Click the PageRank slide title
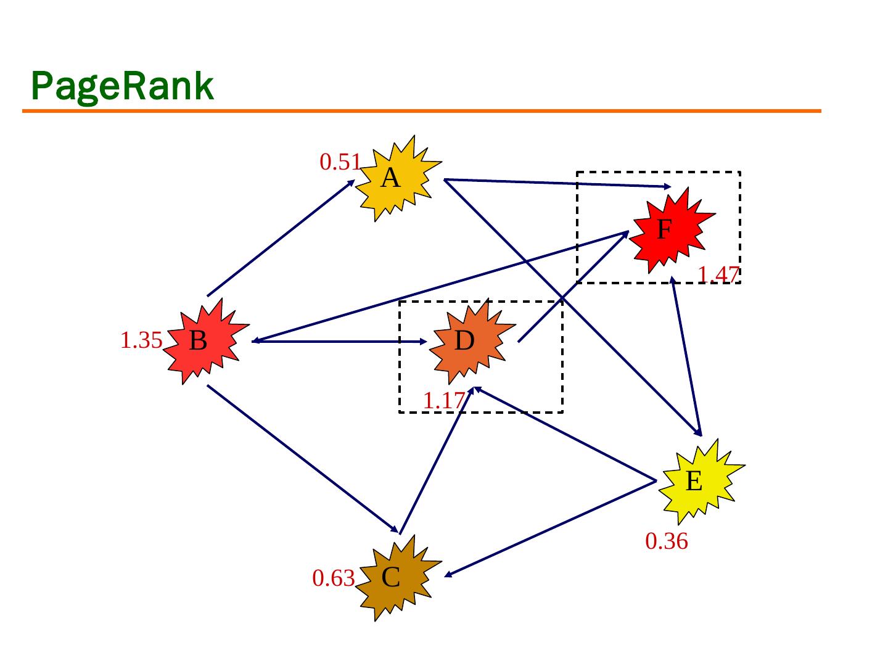tap(122, 86)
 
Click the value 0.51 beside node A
tap(340, 162)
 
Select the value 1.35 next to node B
tap(141, 340)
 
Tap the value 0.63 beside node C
tap(333, 578)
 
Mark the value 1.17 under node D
tap(443, 401)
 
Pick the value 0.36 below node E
tap(666, 541)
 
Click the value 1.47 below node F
tap(718, 274)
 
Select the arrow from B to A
tap(281, 238)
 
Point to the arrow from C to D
tap(435, 460)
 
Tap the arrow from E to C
tap(549, 528)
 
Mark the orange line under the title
tap(422, 111)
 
